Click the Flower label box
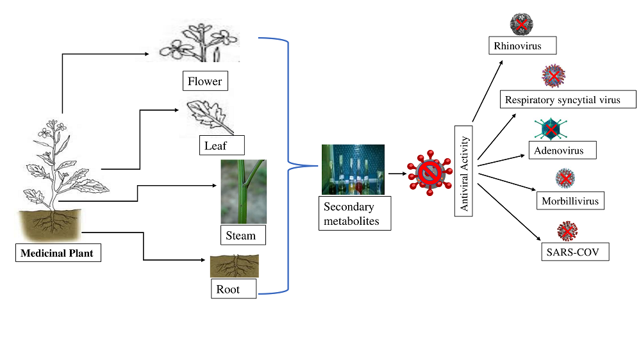click(205, 81)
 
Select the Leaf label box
click(222, 145)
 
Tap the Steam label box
click(243, 235)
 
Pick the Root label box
click(234, 288)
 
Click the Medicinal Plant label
click(58, 252)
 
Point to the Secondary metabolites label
click(355, 213)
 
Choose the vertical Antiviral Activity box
click(463, 171)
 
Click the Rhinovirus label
click(522, 45)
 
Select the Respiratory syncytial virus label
click(568, 99)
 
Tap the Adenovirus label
click(563, 150)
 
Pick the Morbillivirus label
click(570, 200)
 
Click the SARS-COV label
click(575, 252)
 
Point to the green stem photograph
click(244, 192)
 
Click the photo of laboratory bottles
click(353, 169)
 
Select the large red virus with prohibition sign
click(429, 173)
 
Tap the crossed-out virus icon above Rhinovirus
click(522, 24)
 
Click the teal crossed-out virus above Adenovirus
click(551, 129)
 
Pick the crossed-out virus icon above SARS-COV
click(567, 231)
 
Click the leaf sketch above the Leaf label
click(210, 117)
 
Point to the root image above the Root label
click(235, 266)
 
